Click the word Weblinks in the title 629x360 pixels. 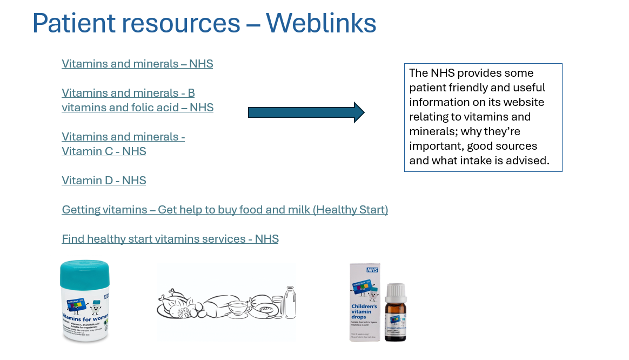tap(321, 23)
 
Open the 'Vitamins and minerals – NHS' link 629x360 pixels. tap(137, 64)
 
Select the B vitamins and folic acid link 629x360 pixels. tap(137, 108)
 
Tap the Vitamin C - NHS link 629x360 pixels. tap(104, 151)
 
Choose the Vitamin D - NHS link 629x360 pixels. tap(104, 181)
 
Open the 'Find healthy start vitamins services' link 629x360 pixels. tap(170, 239)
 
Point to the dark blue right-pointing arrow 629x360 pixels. tap(306, 112)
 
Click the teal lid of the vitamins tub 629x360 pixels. tap(84, 276)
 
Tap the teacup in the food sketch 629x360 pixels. tap(238, 310)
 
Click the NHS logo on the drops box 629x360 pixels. tap(371, 269)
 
